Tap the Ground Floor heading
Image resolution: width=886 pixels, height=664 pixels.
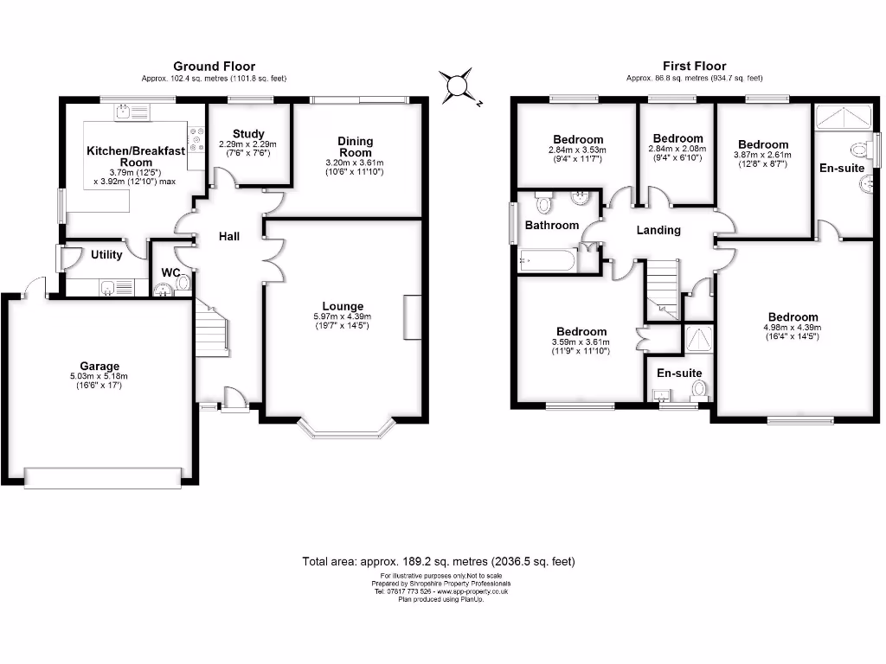coord(214,66)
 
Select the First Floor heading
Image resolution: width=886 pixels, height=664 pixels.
coord(694,66)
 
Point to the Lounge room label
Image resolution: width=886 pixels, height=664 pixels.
coord(343,306)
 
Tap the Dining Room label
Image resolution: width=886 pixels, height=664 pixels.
coord(355,147)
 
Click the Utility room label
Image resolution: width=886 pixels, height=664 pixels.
coord(106,255)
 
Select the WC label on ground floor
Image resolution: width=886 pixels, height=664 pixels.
coord(170,273)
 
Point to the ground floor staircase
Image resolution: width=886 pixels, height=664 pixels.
coord(211,329)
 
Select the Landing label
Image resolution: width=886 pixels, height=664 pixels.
coord(658,230)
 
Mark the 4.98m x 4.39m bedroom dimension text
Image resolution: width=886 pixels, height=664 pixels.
coord(792,328)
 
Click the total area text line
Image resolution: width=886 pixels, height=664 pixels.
coord(439,561)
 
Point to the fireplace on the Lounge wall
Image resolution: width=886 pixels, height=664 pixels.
coord(412,319)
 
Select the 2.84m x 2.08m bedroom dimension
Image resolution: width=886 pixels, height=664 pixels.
coord(677,149)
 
